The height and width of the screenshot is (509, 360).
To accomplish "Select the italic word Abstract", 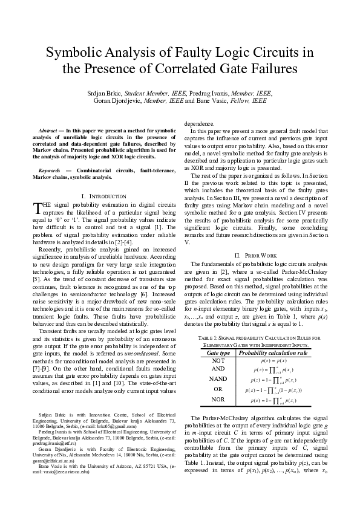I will pos(48,131).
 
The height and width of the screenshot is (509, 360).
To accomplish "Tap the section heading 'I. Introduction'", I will pos(103,196).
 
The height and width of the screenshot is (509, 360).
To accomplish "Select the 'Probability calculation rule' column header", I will pos(273,352).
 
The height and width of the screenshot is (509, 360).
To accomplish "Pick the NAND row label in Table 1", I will pos(218,380).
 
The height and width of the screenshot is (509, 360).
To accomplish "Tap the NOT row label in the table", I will pos(218,360).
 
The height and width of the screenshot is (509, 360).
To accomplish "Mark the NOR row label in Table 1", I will pos(218,400).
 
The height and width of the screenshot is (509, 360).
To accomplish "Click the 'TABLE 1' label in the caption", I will pos(208,337).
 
